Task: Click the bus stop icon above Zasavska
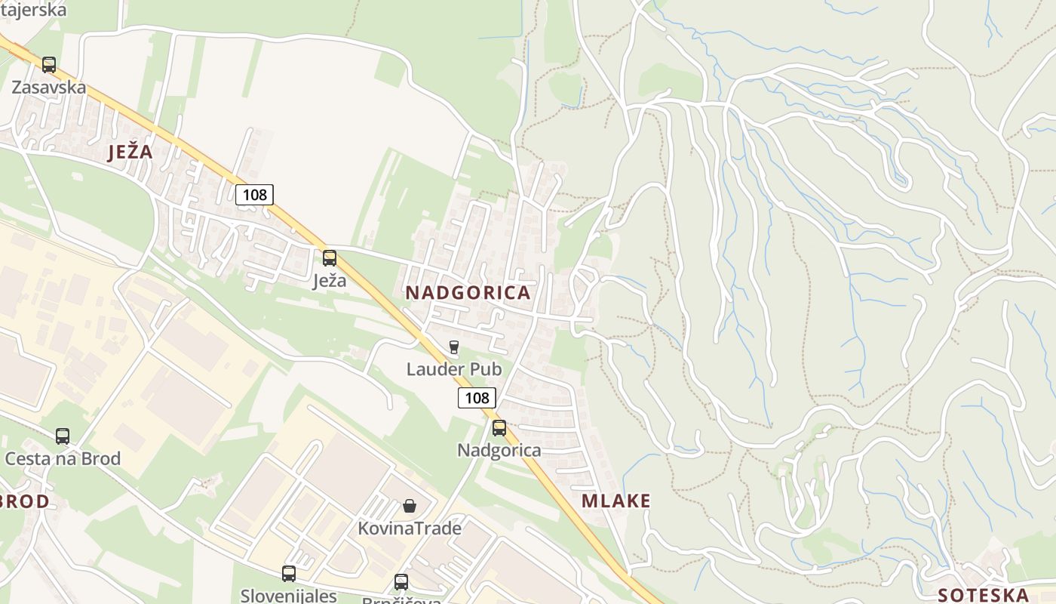pyautogui.click(x=49, y=65)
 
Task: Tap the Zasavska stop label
pyautogui.click(x=48, y=88)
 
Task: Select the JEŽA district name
pyautogui.click(x=130, y=153)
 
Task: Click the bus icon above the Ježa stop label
pyautogui.click(x=330, y=258)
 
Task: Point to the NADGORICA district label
pyautogui.click(x=468, y=293)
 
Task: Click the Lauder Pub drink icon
pyautogui.click(x=453, y=347)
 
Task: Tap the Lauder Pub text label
pyautogui.click(x=453, y=369)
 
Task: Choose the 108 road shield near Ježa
pyautogui.click(x=254, y=195)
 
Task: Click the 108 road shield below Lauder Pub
pyautogui.click(x=477, y=398)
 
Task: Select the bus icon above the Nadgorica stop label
pyautogui.click(x=499, y=429)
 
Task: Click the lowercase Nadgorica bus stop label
pyautogui.click(x=499, y=451)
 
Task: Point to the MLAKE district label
pyautogui.click(x=615, y=501)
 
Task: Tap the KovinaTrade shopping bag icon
pyautogui.click(x=409, y=506)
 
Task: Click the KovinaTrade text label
pyautogui.click(x=409, y=528)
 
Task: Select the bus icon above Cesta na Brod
pyautogui.click(x=63, y=436)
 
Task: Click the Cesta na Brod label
pyautogui.click(x=63, y=458)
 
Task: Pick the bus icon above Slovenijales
pyautogui.click(x=289, y=574)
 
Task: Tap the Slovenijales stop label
pyautogui.click(x=289, y=596)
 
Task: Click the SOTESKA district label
pyautogui.click(x=984, y=594)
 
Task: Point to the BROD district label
pyautogui.click(x=26, y=501)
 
